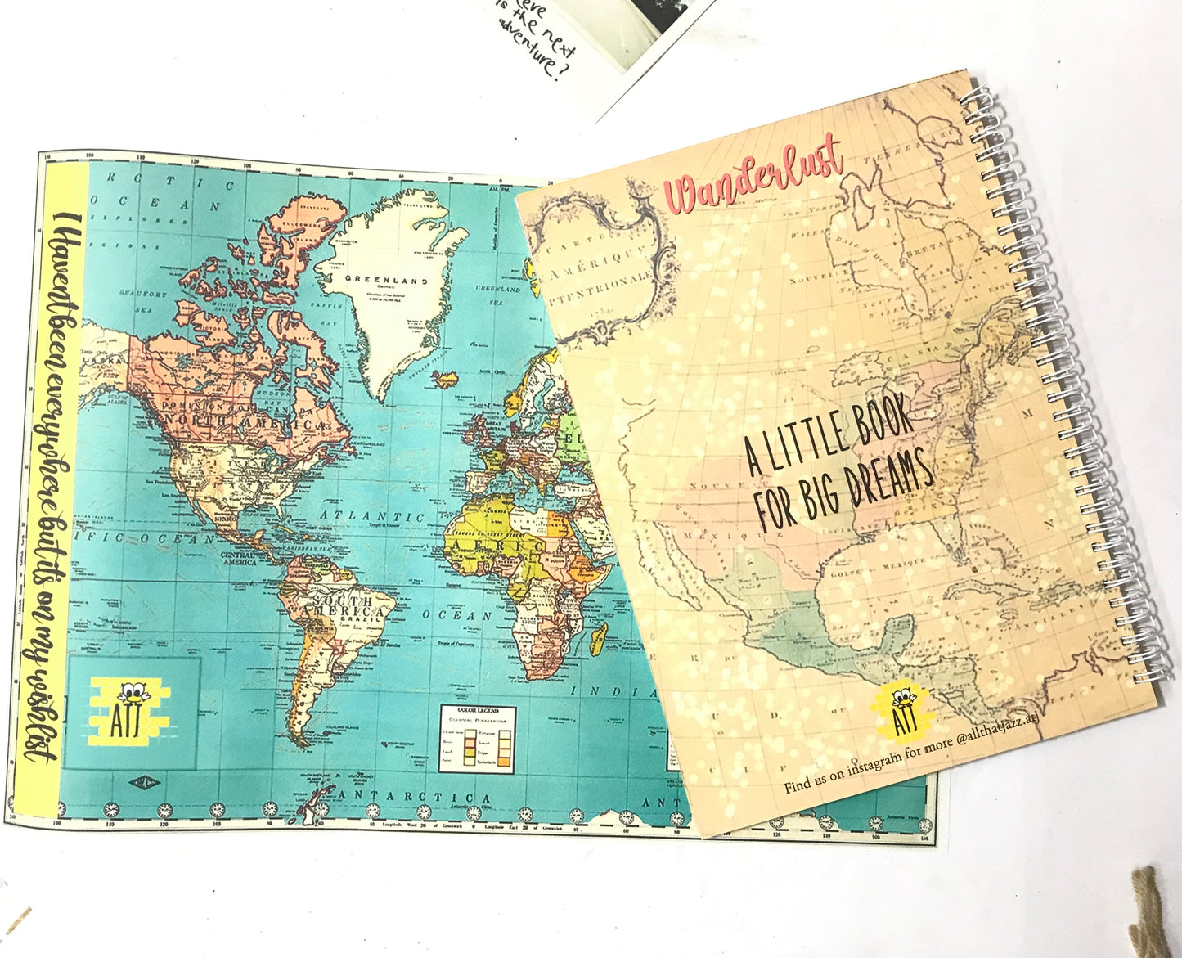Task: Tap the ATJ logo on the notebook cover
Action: coord(903,708)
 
